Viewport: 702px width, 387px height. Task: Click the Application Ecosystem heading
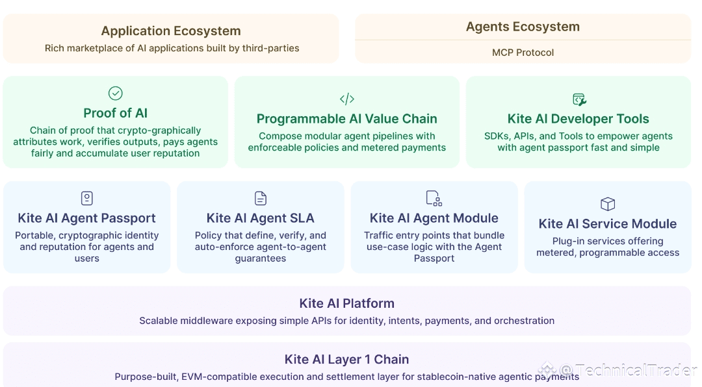171,31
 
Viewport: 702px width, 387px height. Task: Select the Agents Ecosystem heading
523,27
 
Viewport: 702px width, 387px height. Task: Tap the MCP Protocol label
523,53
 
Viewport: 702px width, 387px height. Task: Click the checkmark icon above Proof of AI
115,94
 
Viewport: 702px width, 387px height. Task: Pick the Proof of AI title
115,114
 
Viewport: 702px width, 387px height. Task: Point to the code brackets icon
346,99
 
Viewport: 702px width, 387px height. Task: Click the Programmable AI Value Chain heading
346,119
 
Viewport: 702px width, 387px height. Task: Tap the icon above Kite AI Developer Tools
578,99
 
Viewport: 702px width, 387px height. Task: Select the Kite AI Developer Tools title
578,119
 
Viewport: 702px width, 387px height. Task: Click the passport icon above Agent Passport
86,198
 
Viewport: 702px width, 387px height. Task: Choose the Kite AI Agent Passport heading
86,218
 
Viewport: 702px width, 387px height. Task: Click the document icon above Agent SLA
260,198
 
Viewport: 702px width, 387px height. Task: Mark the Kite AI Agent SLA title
260,218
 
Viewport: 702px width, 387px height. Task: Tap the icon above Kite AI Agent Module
434,198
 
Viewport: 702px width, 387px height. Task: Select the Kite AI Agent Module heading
434,218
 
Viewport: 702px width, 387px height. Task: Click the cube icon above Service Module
607,204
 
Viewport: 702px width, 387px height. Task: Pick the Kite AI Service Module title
607,223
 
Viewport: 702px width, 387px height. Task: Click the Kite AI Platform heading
346,303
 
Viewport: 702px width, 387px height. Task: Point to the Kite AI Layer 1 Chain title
346,359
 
